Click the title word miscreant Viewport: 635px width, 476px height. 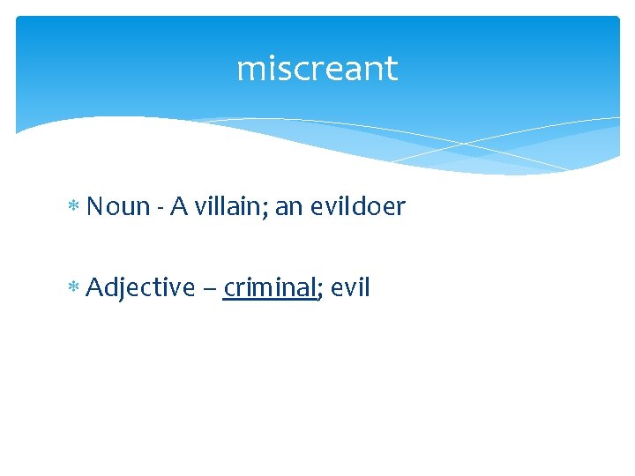point(317,69)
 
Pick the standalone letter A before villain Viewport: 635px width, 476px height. point(178,207)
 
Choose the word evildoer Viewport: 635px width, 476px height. point(356,206)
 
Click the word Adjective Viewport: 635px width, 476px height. point(140,287)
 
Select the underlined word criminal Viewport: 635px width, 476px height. point(269,286)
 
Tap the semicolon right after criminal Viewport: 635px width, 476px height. point(319,290)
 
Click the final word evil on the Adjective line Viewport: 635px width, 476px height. point(350,286)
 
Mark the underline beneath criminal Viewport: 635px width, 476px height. point(269,300)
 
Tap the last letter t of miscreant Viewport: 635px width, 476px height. point(392,69)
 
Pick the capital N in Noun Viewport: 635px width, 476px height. point(95,207)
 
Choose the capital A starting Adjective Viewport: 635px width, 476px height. point(95,286)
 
